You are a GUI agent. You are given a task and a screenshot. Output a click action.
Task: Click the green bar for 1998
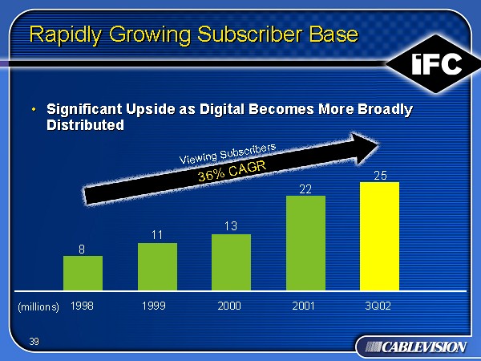pos(83,273)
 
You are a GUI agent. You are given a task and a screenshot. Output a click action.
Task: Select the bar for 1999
pos(157,266)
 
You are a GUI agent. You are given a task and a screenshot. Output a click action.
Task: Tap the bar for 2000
pos(231,262)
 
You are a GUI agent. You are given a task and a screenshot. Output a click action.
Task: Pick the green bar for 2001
pos(305,242)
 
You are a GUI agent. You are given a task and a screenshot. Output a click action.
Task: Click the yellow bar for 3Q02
pos(379,235)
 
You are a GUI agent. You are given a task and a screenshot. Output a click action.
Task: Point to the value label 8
pos(82,249)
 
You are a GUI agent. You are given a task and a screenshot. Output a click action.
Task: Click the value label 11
pos(157,235)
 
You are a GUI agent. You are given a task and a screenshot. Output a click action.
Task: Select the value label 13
pos(231,227)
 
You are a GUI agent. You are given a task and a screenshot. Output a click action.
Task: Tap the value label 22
pos(305,189)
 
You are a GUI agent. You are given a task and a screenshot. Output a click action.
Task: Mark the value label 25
pos(380,174)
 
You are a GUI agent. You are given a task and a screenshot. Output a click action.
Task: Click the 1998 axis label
pos(82,306)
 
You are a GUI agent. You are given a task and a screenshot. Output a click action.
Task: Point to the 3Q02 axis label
pos(378,306)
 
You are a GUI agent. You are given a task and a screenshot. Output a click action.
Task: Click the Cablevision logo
pos(411,346)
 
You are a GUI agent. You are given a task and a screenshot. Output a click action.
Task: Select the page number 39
pos(34,342)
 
